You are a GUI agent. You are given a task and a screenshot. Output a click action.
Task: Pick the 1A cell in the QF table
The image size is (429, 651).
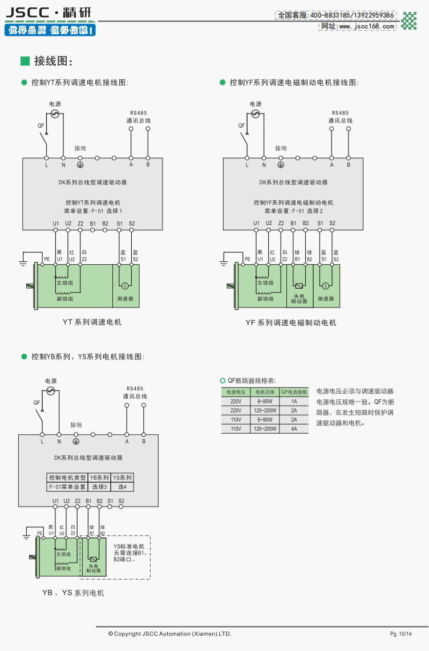[x=294, y=401]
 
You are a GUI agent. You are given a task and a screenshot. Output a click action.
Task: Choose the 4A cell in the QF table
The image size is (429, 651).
[x=294, y=428]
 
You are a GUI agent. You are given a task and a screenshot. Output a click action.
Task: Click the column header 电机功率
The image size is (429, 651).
[x=265, y=392]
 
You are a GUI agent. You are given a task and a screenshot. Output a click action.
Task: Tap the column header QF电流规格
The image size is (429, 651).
[x=294, y=392]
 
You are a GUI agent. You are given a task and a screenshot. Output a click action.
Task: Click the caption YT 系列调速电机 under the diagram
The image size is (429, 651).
[x=92, y=322]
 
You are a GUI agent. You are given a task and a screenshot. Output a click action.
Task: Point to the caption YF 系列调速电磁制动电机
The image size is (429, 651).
[x=291, y=323]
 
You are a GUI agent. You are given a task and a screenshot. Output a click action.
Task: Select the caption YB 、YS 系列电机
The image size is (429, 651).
[x=73, y=593]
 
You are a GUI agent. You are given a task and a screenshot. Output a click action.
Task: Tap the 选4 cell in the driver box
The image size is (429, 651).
[x=122, y=487]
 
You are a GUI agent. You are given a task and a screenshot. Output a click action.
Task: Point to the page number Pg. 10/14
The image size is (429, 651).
[x=400, y=634]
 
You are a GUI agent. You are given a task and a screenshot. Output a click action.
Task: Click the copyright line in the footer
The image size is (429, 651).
[x=170, y=634]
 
